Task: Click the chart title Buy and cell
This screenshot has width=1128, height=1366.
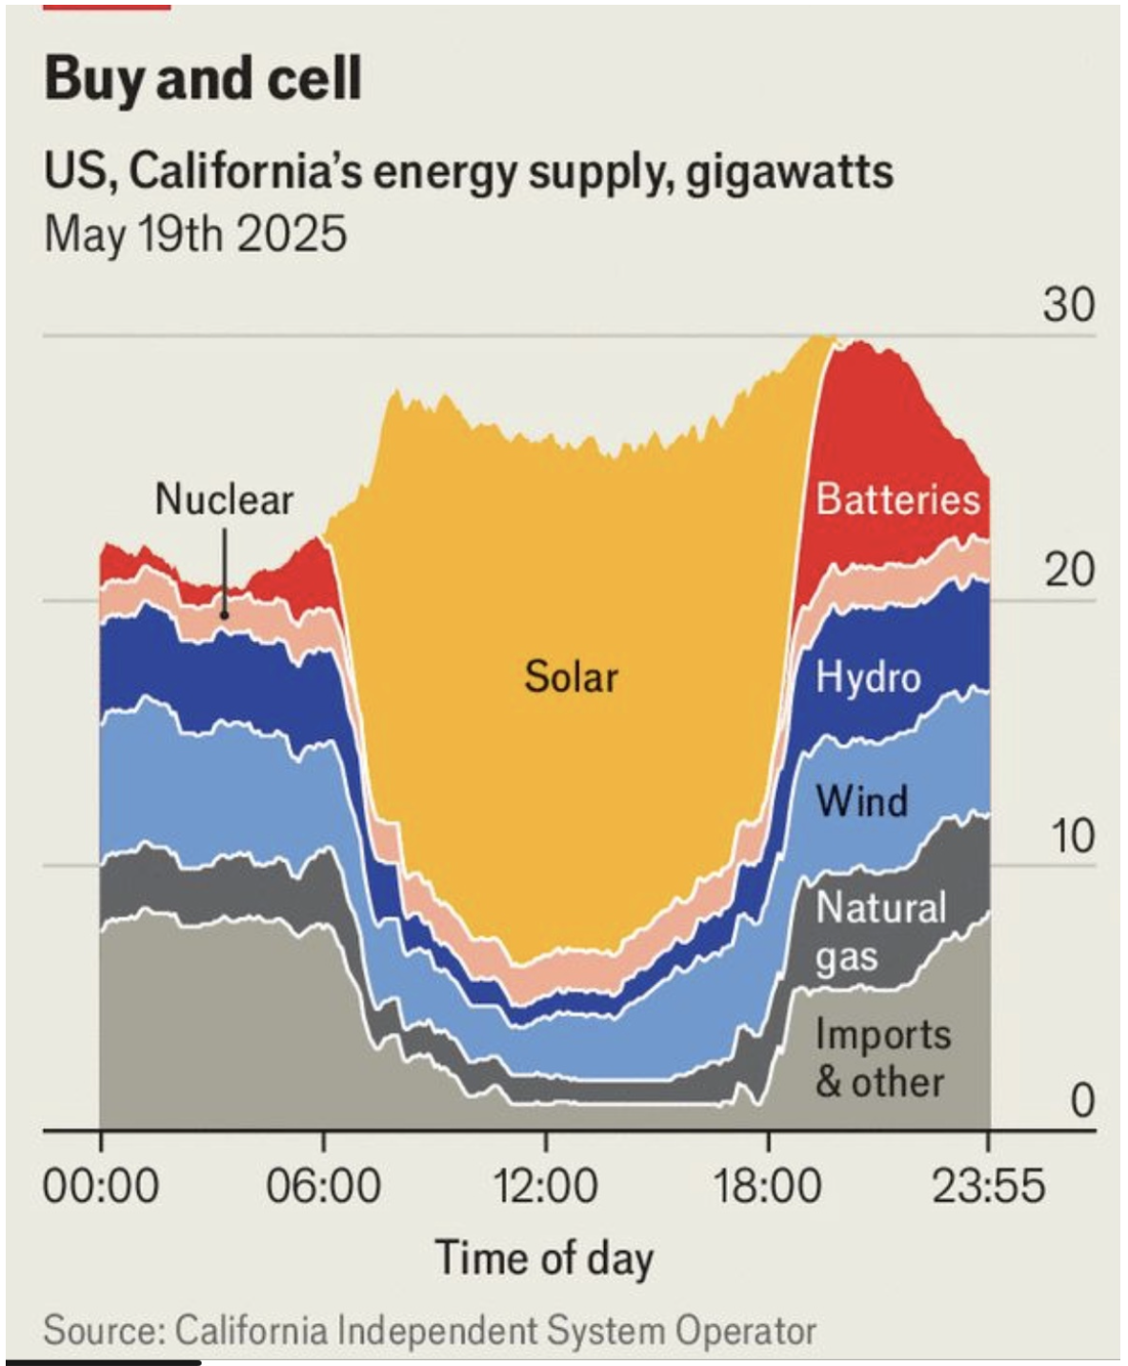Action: click(203, 78)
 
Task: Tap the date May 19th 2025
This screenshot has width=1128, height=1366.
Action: click(195, 234)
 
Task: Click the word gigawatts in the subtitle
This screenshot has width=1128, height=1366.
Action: click(790, 172)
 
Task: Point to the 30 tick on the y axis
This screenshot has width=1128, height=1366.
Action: click(1068, 305)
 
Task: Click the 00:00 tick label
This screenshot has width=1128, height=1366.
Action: click(101, 1187)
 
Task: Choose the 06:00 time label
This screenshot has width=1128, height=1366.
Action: click(323, 1187)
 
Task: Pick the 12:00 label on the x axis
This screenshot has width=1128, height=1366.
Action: click(545, 1187)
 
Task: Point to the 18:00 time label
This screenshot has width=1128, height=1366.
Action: click(767, 1187)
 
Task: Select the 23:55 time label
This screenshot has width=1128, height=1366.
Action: click(988, 1187)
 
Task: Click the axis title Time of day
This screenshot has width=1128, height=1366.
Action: click(544, 1257)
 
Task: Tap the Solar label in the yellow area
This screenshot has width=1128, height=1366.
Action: click(571, 676)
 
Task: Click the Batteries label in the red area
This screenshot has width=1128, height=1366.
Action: click(897, 499)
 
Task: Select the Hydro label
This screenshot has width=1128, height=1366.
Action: click(868, 677)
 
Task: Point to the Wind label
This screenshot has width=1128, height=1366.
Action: click(861, 800)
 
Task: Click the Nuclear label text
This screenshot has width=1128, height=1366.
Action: click(224, 499)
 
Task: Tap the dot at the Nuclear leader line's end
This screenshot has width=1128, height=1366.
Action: click(225, 614)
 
